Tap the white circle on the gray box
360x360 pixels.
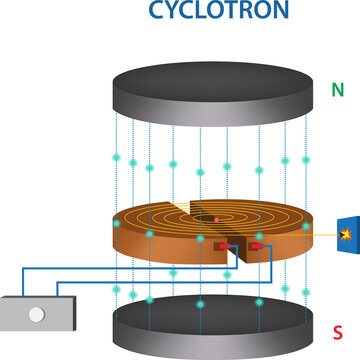(x=36, y=314)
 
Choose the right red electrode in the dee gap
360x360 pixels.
(x=258, y=244)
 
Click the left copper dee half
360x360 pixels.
(x=165, y=235)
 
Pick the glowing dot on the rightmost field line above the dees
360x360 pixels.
(x=305, y=160)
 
